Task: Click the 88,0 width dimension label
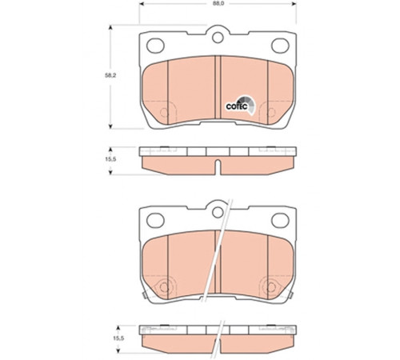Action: point(218,3)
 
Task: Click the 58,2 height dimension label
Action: point(110,75)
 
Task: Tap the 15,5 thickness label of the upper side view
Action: point(110,159)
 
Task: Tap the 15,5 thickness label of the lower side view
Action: point(118,338)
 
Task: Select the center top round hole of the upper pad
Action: point(218,38)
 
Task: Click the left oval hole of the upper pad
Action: point(155,46)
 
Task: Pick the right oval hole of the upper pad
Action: point(280,46)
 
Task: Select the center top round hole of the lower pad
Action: point(218,212)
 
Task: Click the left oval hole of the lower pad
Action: point(155,220)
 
